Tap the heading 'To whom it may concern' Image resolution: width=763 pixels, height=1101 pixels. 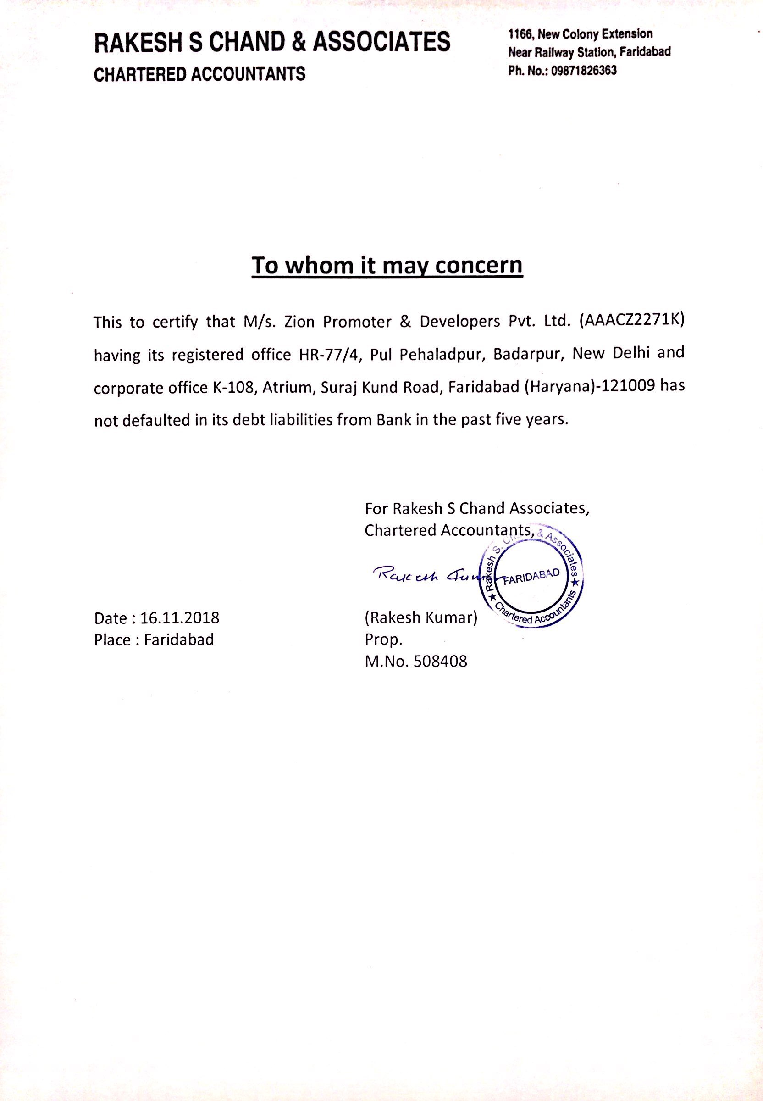(x=387, y=266)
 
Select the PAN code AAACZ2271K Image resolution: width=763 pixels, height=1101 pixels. (x=632, y=321)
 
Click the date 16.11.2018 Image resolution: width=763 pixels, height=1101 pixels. (x=180, y=618)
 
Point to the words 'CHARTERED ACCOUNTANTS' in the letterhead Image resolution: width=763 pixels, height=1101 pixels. (x=199, y=74)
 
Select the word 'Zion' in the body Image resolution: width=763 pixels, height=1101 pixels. (x=299, y=322)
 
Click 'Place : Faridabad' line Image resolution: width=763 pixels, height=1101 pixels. (x=154, y=639)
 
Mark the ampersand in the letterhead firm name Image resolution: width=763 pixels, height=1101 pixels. (x=299, y=42)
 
